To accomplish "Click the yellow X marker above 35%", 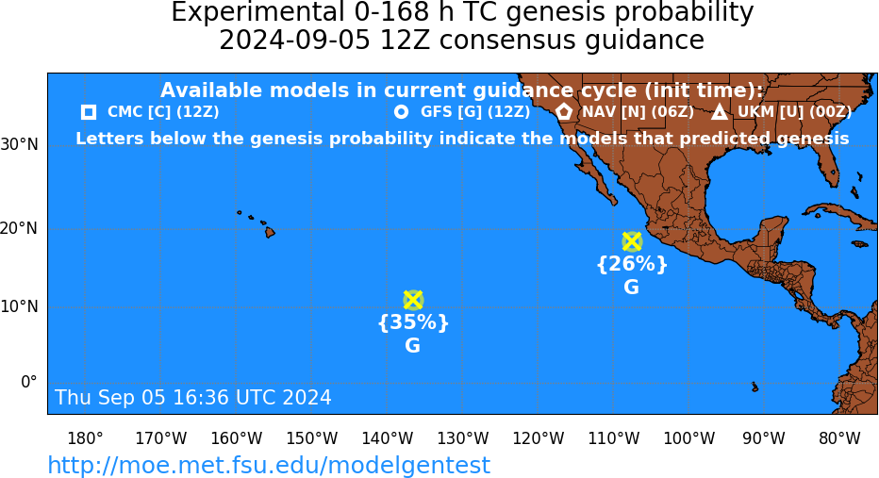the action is pyautogui.click(x=413, y=301).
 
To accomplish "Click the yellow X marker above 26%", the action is pyautogui.click(x=632, y=241).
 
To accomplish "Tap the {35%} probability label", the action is pyautogui.click(x=413, y=322).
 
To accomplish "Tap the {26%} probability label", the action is pyautogui.click(x=632, y=263).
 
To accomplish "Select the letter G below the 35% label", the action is pyautogui.click(x=412, y=346).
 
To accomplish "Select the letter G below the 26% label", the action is pyautogui.click(x=631, y=287).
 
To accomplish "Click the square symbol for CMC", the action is pyautogui.click(x=89, y=112).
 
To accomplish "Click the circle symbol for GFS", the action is pyautogui.click(x=402, y=112).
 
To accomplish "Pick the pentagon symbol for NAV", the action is pyautogui.click(x=564, y=111).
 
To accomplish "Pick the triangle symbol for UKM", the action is pyautogui.click(x=720, y=112).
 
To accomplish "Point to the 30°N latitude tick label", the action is pyautogui.click(x=19, y=145).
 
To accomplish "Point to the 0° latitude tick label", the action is pyautogui.click(x=29, y=382).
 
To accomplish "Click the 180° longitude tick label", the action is pyautogui.click(x=85, y=438).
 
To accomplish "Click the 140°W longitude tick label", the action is pyautogui.click(x=388, y=438).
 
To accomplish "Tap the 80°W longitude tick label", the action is pyautogui.click(x=839, y=438).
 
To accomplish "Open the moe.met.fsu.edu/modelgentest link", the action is pyautogui.click(x=269, y=465).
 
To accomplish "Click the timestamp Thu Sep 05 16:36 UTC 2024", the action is pyautogui.click(x=193, y=397).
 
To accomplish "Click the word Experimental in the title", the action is pyautogui.click(x=257, y=13).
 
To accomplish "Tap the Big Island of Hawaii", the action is pyautogui.click(x=270, y=231).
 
